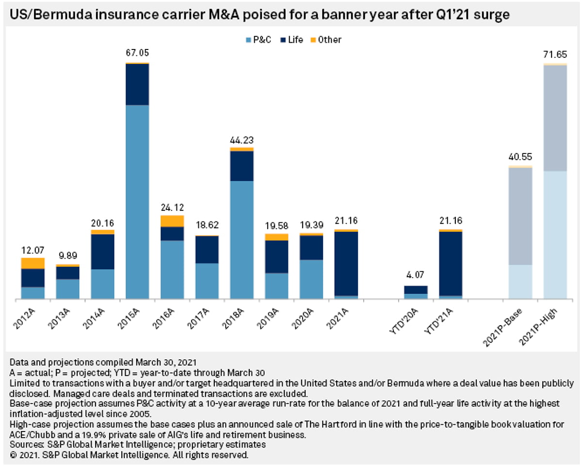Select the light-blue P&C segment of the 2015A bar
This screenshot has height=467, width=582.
pos(137,201)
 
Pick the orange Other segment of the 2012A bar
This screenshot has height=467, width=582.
pos(32,263)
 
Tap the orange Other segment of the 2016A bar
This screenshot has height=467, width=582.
pos(172,221)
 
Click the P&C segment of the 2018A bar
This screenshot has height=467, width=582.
pos(242,240)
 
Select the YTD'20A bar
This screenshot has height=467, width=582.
pos(416,292)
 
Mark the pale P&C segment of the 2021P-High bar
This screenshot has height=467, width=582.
pos(555,235)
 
